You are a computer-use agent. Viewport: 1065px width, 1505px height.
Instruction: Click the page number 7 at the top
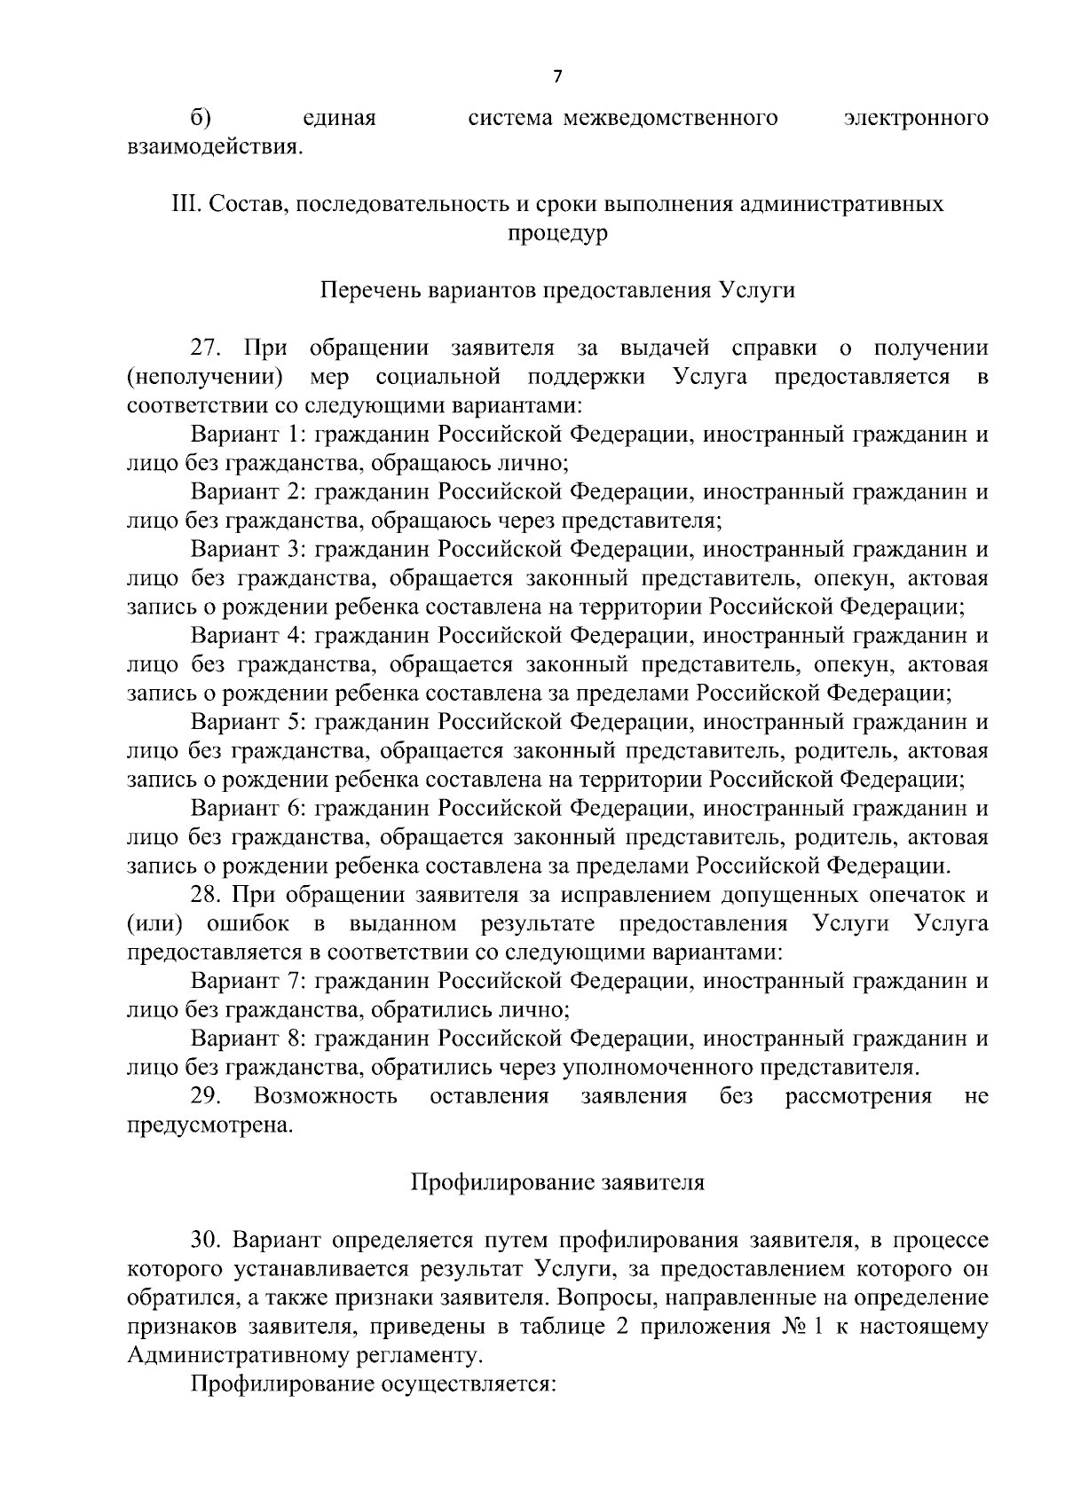click(557, 77)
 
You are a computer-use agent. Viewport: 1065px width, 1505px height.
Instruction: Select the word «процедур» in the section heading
click(557, 235)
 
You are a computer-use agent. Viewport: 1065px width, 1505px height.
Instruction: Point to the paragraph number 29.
click(205, 1096)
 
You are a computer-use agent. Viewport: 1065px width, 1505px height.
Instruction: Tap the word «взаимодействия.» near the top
click(215, 146)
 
